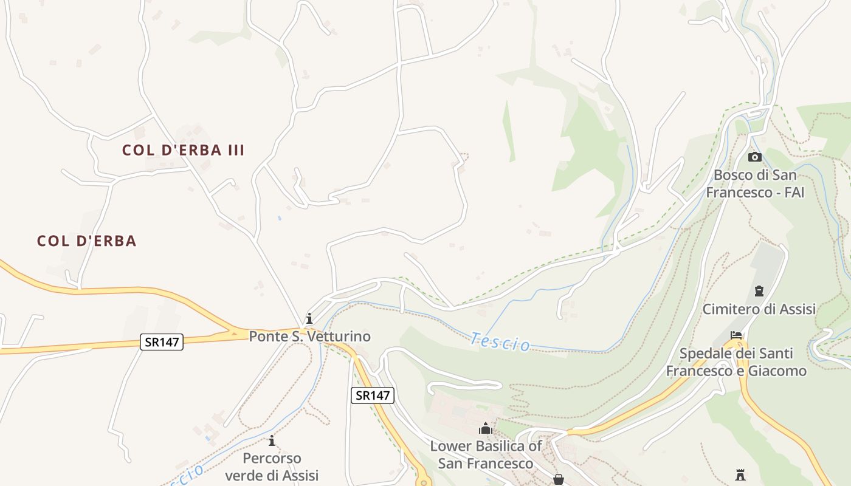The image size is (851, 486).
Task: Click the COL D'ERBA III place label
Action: [x=183, y=150]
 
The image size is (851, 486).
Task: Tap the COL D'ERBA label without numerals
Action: [x=86, y=241]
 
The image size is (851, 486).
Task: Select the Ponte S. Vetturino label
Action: [x=309, y=336]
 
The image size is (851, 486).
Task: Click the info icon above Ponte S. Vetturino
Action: [x=309, y=318]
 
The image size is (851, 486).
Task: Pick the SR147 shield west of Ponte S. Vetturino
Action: [x=161, y=342]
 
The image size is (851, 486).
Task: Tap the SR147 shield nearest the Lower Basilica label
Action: [x=373, y=395]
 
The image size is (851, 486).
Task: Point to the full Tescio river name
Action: [x=500, y=342]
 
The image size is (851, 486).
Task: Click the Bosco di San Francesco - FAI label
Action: [x=754, y=183]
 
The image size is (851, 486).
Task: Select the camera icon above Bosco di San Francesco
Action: [x=754, y=157]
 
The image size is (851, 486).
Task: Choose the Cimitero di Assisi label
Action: [x=759, y=309]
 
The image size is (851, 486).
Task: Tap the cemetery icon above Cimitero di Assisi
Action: [x=759, y=291]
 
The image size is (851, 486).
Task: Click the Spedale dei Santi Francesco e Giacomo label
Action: [x=736, y=362]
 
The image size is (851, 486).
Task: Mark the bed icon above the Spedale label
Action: [x=736, y=335]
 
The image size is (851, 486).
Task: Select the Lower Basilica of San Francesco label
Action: [x=486, y=454]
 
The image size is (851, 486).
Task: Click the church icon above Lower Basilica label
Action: [x=486, y=429]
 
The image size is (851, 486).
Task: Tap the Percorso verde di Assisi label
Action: [x=272, y=467]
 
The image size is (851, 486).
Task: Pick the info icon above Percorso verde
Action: [x=272, y=440]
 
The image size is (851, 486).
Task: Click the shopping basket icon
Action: [x=559, y=479]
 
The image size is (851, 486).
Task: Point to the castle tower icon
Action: [x=740, y=474]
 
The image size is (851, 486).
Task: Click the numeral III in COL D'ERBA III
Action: [x=235, y=150]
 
